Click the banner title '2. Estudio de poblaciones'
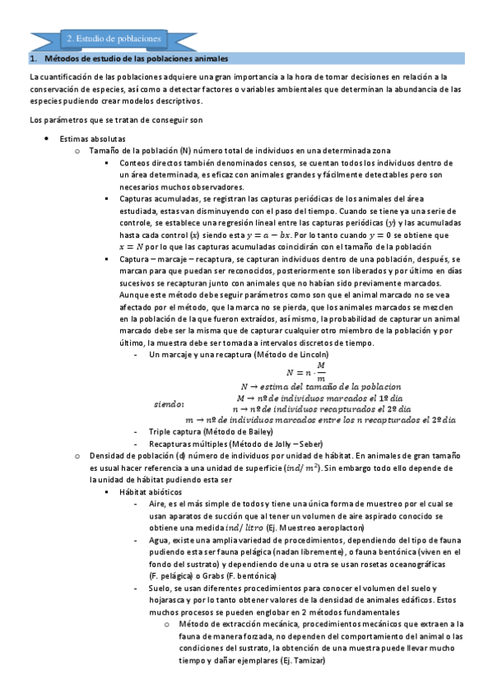point(115,39)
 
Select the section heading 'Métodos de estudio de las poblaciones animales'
point(136,59)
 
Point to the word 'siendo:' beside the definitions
point(170,404)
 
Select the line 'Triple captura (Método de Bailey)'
point(211,431)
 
